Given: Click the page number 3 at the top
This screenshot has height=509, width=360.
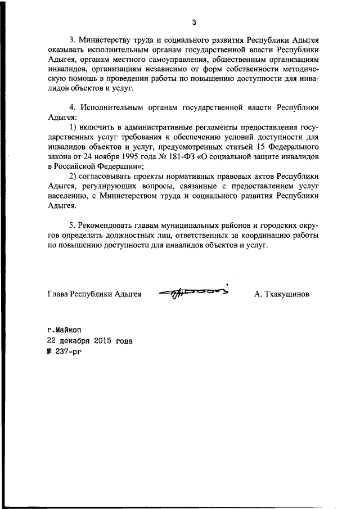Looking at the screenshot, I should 194,23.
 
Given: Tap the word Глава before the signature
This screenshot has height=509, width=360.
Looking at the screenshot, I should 57,294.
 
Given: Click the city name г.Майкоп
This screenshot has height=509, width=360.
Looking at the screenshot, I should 64,332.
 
